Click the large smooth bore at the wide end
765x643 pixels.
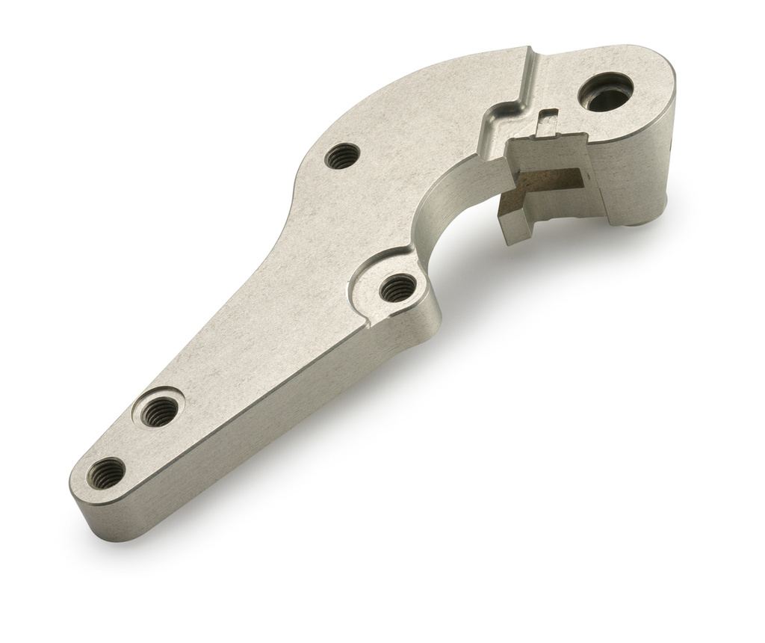606,92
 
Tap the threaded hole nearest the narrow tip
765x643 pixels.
107,472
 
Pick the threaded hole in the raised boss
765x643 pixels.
397,287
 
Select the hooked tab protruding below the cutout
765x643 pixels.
515,225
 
